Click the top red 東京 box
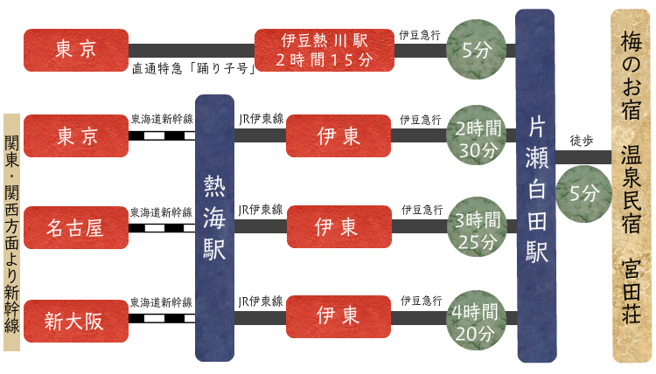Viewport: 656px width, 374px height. click(75, 50)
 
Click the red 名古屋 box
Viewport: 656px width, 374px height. click(75, 229)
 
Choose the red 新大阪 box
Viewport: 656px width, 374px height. click(75, 321)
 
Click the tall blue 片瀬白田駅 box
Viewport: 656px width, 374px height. click(534, 185)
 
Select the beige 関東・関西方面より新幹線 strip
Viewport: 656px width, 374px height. click(11, 231)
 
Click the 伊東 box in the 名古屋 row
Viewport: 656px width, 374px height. click(338, 229)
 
